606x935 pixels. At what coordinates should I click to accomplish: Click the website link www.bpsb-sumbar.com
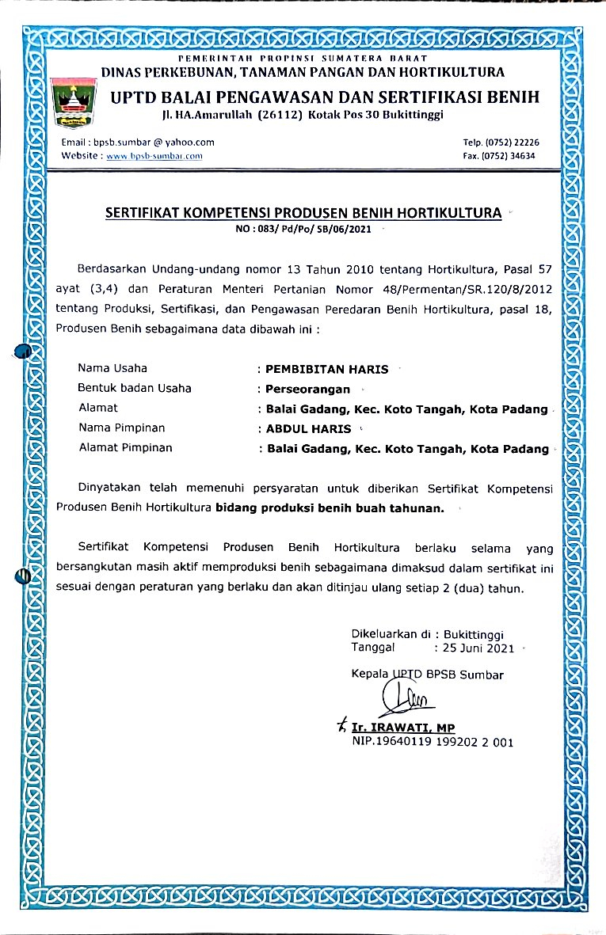pyautogui.click(x=154, y=156)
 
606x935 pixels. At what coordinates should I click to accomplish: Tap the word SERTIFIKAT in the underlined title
pyautogui.click(x=147, y=212)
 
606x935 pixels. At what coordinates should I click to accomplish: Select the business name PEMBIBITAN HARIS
pyautogui.click(x=328, y=368)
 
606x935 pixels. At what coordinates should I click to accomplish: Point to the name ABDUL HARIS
pyautogui.click(x=309, y=429)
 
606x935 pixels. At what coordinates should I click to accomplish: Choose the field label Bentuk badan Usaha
pyautogui.click(x=135, y=388)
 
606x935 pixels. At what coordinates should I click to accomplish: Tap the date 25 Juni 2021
pyautogui.click(x=478, y=648)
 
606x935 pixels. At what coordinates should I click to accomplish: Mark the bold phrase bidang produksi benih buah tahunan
pyautogui.click(x=330, y=508)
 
